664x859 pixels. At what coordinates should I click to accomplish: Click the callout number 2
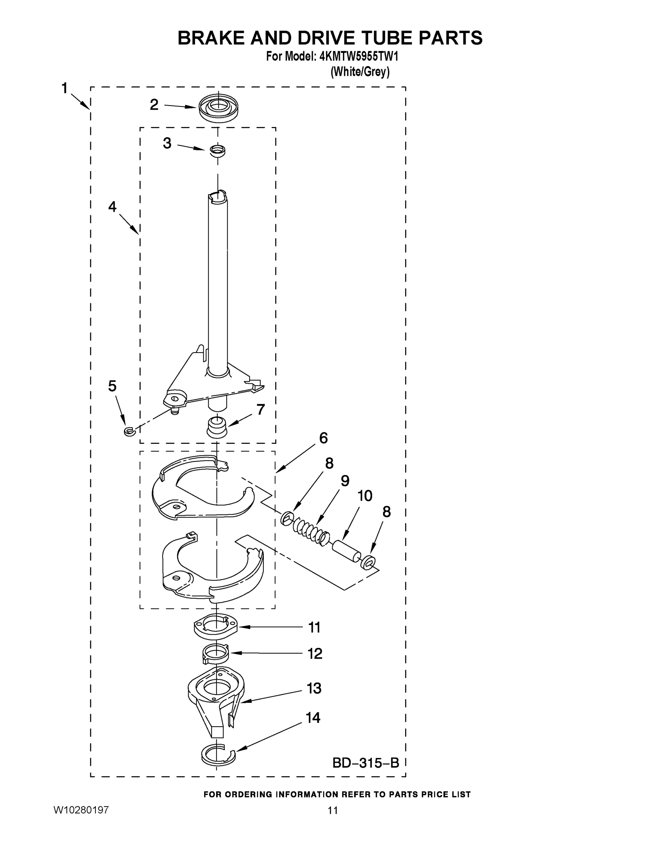pos(154,105)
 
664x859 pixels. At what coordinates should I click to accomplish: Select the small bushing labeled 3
pos(217,150)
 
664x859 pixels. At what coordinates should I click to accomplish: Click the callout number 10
pos(365,496)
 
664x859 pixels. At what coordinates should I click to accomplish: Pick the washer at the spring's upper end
pos(287,518)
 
